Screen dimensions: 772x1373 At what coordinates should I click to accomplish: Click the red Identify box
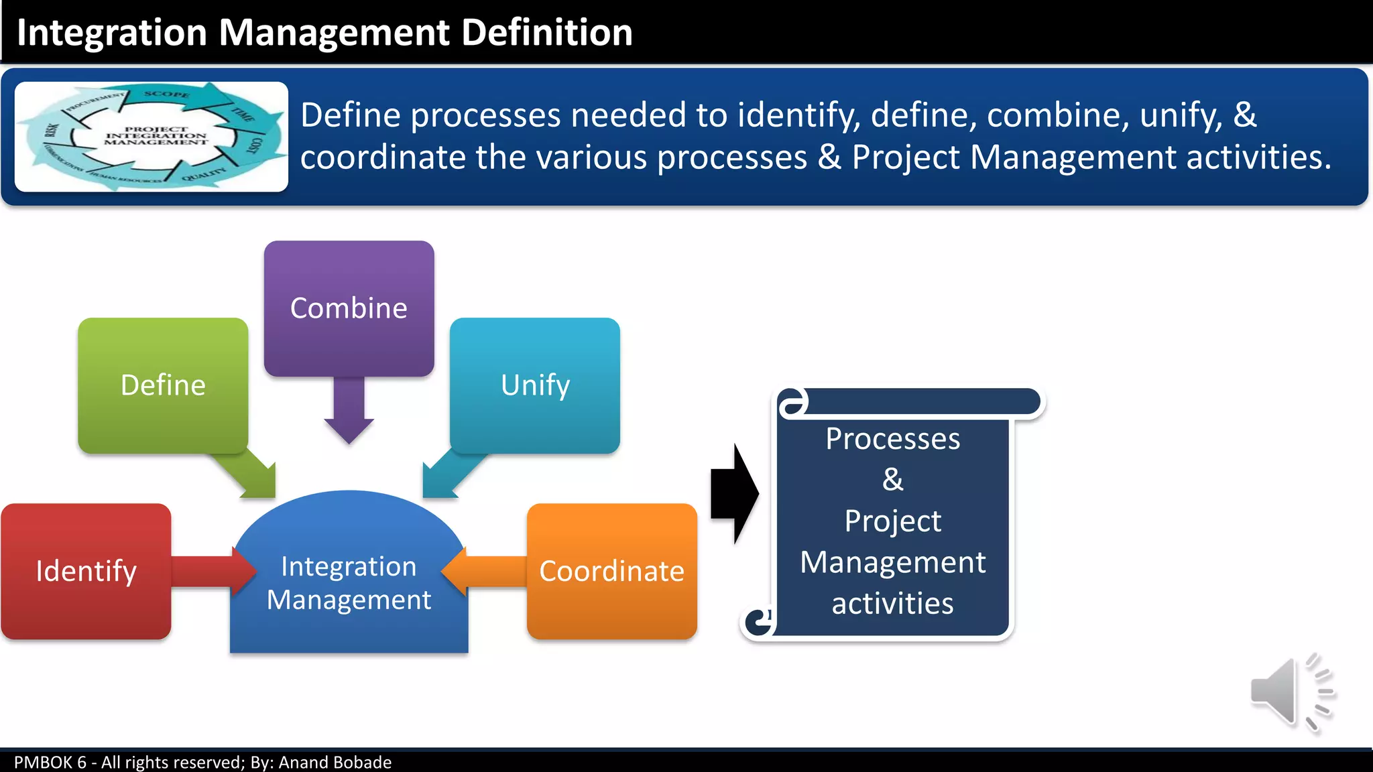pos(86,571)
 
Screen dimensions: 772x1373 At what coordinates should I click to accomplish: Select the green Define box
pos(163,385)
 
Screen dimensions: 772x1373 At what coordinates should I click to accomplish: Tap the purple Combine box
pos(349,308)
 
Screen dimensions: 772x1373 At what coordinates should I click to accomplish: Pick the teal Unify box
pos(535,385)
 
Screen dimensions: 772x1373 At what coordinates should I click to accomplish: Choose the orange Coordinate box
pos(611,571)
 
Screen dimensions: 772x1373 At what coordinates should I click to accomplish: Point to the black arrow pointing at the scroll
pos(734,494)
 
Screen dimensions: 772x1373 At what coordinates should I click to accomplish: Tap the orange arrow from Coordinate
pos(486,571)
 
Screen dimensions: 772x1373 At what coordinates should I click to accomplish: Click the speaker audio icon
pos(1291,694)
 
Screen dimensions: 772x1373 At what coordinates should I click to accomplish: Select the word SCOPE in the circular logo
pos(166,94)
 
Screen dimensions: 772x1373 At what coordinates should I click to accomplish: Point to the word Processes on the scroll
pos(892,439)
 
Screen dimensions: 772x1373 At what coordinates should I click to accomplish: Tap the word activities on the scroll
pos(892,603)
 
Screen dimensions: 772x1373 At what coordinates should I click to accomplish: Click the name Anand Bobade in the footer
pos(335,762)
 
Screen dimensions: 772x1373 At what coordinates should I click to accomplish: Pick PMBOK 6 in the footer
pos(50,762)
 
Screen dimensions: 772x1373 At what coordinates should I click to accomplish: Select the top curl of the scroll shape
pos(794,402)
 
